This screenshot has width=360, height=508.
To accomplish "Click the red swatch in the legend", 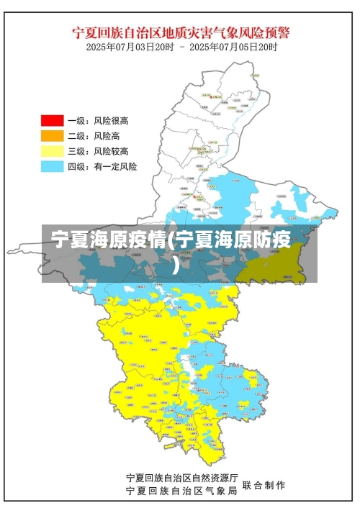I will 52,121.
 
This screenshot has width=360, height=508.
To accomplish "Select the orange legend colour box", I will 52,135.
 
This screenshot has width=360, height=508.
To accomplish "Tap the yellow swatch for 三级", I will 52,150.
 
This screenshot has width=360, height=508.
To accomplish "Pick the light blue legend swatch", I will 52,166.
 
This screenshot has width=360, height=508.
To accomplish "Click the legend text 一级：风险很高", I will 98,121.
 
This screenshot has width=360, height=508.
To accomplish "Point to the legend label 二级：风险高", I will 94,135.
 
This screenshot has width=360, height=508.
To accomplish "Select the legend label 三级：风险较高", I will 98,150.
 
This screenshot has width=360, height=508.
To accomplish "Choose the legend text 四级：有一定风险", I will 102,166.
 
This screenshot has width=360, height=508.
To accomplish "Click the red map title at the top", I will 181,32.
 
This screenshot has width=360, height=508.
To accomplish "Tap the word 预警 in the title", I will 278,32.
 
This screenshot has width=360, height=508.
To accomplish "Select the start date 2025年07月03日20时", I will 130,47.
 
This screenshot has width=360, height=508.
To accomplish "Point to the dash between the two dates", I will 182,47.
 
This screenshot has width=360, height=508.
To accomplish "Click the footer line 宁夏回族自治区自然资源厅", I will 181,478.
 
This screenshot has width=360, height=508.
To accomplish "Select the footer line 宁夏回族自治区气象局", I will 181,491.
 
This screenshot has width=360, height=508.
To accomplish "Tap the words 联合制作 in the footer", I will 264,484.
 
